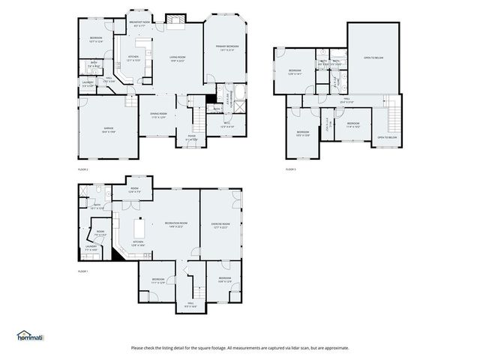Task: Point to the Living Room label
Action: click(x=178, y=58)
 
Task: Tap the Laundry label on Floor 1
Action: click(x=91, y=247)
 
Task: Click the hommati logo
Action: click(x=30, y=335)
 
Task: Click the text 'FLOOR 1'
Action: click(x=83, y=271)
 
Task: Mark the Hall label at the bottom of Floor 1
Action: click(x=190, y=305)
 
